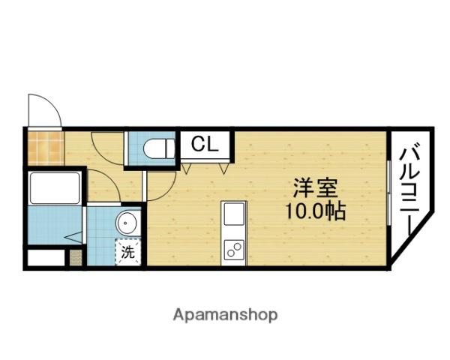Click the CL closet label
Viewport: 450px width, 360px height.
205,144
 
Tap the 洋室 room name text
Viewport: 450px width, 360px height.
315,187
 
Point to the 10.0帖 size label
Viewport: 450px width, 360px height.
315,211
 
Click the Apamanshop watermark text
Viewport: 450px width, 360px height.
225,315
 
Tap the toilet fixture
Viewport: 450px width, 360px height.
159,148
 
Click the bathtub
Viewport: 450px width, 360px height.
55,188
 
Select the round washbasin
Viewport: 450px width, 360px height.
126,223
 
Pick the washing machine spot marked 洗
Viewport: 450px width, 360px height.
128,252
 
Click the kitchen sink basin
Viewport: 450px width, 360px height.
234,214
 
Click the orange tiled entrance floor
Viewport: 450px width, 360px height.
46,148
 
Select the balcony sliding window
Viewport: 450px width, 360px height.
388,193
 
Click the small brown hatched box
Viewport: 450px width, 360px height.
76,257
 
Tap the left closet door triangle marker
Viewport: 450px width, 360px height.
186,169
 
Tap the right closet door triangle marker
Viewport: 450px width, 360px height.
223,169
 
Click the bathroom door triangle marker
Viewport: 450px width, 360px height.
73,237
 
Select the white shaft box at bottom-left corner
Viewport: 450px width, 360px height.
46,258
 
